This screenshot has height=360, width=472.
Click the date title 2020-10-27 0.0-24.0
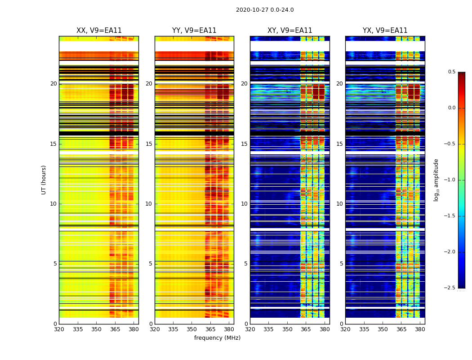[265, 10]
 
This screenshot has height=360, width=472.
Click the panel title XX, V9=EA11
[99, 31]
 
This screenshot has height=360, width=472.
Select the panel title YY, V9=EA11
[194, 31]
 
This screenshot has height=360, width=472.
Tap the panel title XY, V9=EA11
[289, 31]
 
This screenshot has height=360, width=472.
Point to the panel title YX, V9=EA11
[385, 31]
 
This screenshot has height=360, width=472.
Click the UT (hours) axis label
[44, 180]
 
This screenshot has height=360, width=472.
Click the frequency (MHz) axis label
[217, 338]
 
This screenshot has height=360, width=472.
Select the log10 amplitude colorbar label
[436, 180]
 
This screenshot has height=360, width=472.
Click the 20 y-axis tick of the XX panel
[53, 84]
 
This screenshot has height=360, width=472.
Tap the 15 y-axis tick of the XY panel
[244, 144]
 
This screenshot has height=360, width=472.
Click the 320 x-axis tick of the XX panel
[59, 329]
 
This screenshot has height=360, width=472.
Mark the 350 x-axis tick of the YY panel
[192, 329]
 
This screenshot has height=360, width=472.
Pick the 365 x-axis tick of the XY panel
[306, 329]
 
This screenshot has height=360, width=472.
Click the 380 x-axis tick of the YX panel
[420, 329]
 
